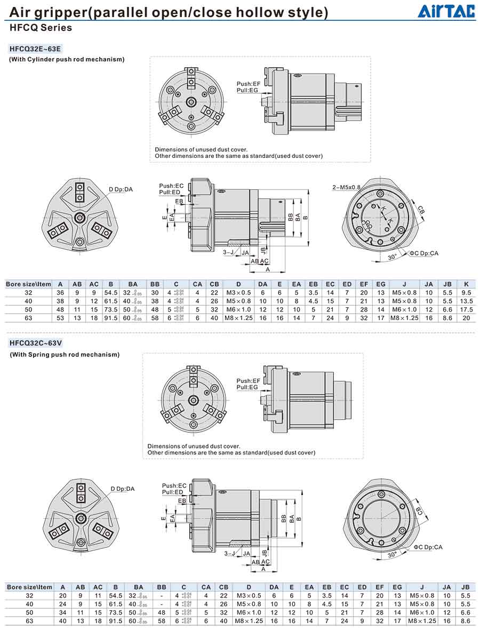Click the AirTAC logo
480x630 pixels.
coord(446,11)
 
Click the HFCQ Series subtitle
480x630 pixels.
coord(41,28)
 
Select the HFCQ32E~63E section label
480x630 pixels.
coord(35,49)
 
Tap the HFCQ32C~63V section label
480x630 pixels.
coord(35,345)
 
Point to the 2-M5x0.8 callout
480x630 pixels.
coord(347,187)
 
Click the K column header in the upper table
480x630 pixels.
coord(466,284)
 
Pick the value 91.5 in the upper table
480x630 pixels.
coord(111,318)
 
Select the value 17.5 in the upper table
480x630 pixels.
coord(466,309)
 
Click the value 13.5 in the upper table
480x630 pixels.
coord(466,301)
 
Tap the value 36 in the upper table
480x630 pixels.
coord(61,292)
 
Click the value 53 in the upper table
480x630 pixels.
coord(61,318)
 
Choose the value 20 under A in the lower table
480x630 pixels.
coord(63,595)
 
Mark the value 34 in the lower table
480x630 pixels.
coord(63,612)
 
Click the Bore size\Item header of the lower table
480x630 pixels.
coord(29,587)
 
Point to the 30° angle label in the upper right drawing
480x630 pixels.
coord(393,257)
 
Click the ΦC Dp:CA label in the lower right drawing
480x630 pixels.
coord(428,547)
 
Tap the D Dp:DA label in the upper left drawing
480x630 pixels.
coord(122,189)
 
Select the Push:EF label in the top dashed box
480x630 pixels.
coord(247,84)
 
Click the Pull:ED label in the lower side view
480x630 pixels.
coord(173,492)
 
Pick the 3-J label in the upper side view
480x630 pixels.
coord(228,253)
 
